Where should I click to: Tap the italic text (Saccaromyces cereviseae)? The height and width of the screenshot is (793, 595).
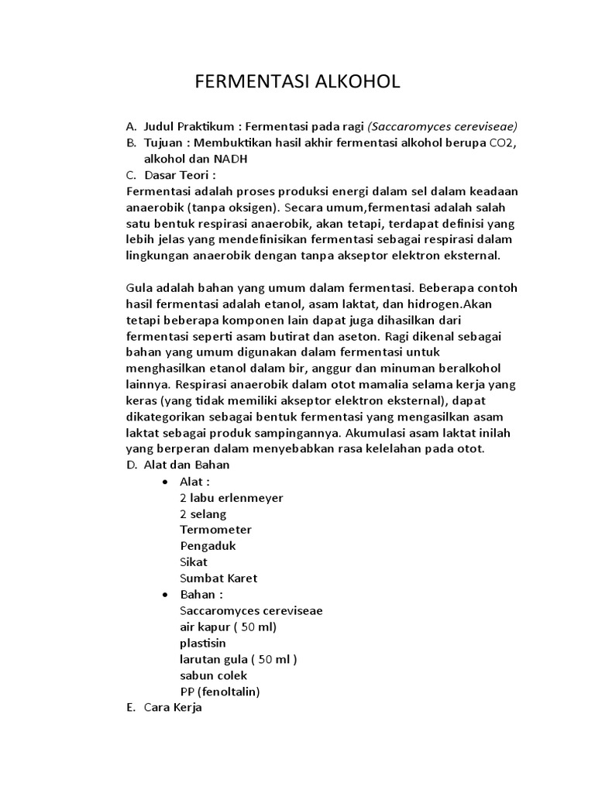click(x=442, y=126)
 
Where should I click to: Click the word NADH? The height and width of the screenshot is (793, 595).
click(x=231, y=159)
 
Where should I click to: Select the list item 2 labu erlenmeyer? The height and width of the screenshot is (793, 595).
click(x=231, y=498)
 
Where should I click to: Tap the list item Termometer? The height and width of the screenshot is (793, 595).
click(x=215, y=530)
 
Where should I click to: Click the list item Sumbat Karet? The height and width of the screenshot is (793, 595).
click(x=218, y=578)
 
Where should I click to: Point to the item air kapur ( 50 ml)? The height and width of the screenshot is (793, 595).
click(x=228, y=627)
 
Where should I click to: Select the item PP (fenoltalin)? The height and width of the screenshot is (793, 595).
click(x=219, y=692)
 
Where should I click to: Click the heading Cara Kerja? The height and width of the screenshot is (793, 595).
click(x=173, y=708)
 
